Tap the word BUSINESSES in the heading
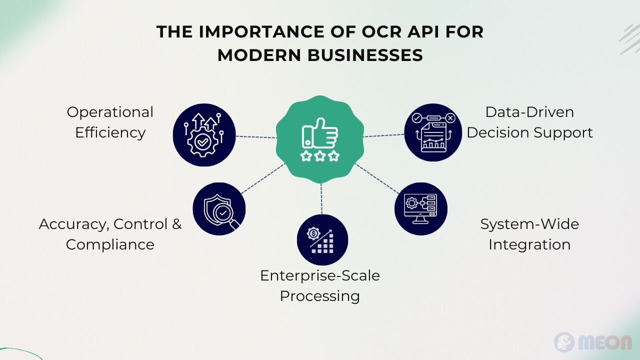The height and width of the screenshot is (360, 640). [x=365, y=55]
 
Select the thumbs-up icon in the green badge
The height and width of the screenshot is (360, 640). [x=320, y=133]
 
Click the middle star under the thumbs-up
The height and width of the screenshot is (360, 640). [x=320, y=156]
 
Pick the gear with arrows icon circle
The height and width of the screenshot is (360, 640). [x=204, y=135]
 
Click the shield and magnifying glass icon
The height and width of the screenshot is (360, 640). [x=219, y=209]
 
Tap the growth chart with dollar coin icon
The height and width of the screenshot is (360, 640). [x=322, y=240]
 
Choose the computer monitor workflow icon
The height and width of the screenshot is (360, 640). [x=421, y=209]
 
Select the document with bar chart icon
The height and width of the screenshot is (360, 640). [x=433, y=132]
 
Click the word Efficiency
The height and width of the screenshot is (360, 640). [x=110, y=133]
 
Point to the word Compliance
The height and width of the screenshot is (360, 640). [x=110, y=245]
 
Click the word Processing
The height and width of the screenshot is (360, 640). [x=319, y=296]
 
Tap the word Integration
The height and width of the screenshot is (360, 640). [x=529, y=245]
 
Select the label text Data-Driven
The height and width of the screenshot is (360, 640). [x=529, y=112]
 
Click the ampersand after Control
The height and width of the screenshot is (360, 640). [x=177, y=224]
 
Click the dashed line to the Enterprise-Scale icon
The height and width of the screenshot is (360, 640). [x=321, y=198]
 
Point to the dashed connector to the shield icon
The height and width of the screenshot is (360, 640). [x=263, y=178]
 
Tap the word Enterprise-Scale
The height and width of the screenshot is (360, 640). [x=320, y=275]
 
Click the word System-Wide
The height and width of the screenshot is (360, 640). [x=529, y=224]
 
